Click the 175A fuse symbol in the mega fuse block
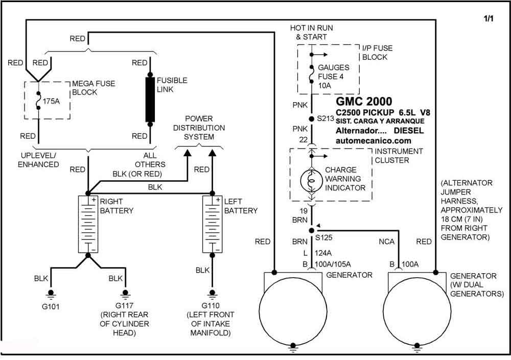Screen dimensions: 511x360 coord(38,101)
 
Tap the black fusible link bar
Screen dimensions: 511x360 coord(150,100)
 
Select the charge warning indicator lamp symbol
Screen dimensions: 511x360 coord(312,180)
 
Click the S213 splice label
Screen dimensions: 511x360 coord(326,119)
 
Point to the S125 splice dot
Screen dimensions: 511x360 coord(312,230)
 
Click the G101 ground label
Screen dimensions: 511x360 coord(51,306)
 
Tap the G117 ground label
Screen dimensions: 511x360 coord(124,306)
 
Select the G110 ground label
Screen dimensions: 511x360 coord(211,305)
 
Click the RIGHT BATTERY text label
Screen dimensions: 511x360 coord(117,206)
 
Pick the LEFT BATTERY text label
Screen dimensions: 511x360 coord(241,206)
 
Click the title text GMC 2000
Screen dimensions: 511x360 coord(364,101)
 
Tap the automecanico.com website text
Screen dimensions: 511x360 coord(373,141)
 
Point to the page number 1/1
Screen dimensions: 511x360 coord(489,18)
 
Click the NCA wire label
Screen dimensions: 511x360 coord(386,242)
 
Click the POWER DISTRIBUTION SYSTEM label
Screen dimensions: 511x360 coord(199,128)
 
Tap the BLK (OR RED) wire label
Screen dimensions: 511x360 coord(137,174)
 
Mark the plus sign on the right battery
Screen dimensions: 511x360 coord(94,199)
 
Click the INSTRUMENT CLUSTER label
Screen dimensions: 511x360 coord(399,156)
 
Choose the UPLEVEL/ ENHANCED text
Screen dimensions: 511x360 coord(38,160)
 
